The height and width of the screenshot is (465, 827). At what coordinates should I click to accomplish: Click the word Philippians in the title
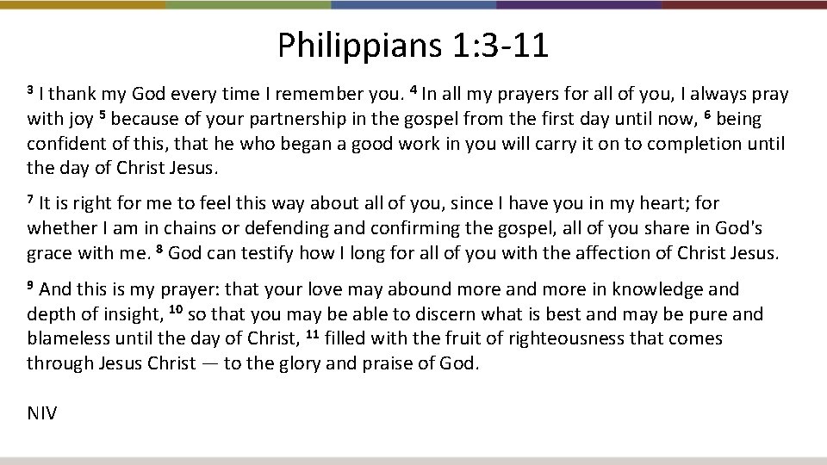coord(356,46)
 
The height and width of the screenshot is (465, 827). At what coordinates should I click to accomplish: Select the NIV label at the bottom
coord(42,413)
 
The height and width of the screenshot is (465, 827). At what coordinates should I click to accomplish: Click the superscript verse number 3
coord(31,90)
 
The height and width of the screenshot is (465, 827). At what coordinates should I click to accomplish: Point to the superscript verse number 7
coord(31,200)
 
